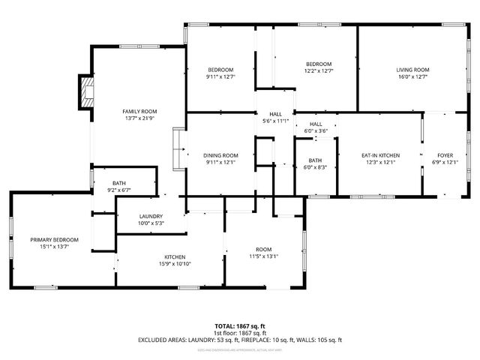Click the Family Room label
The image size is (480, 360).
139,111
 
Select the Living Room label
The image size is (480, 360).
412,70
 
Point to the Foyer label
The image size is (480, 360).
445,155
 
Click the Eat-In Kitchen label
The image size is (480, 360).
380,155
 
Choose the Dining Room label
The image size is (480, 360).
220,155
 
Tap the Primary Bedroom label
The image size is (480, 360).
54,239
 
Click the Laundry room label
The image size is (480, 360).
151,216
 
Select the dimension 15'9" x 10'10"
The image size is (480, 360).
174,264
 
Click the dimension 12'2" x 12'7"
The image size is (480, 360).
318,71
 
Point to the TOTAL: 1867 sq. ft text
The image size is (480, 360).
240,326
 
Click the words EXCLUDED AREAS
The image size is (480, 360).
163,340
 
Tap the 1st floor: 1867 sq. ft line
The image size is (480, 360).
240,333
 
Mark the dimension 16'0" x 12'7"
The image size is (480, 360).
412,76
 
